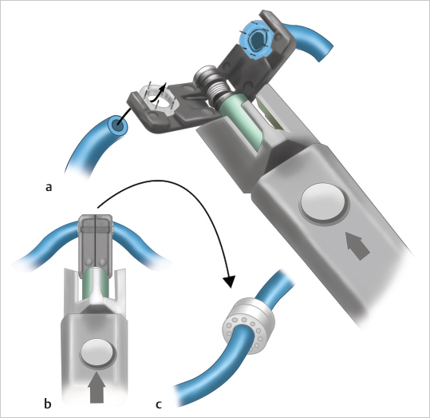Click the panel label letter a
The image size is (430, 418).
48,188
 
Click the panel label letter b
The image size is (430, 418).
48,404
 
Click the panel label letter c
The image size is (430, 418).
158,404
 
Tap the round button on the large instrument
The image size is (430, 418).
323,202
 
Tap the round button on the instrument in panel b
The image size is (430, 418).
98,352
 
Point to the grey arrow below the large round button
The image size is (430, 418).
358,245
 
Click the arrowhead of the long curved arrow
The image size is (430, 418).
229,281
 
